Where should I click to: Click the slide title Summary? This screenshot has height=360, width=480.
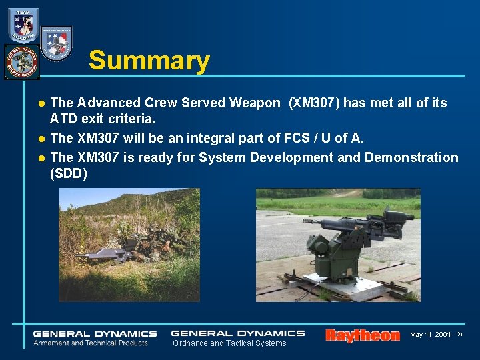pos(149,61)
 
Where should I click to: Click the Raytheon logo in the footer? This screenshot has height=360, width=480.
pos(362,335)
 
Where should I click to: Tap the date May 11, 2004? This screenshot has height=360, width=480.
pos(430,334)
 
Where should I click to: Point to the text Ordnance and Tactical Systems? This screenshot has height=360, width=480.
pos(229,343)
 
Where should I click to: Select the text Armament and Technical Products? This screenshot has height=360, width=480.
pos(91,343)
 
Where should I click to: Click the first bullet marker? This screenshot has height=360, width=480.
pos(41,103)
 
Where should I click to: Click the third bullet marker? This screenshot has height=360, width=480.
pos(41,158)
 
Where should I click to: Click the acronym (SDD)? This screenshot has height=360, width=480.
pos(68,174)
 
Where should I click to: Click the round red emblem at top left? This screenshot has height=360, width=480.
pos(21,62)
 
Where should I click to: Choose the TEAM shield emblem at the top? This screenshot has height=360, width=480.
pos(23,25)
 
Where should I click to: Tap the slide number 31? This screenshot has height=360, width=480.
pos(459,334)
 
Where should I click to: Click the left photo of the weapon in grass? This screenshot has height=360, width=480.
pos(129,245)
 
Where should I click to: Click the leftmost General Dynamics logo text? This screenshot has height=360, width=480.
pos(95,333)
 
